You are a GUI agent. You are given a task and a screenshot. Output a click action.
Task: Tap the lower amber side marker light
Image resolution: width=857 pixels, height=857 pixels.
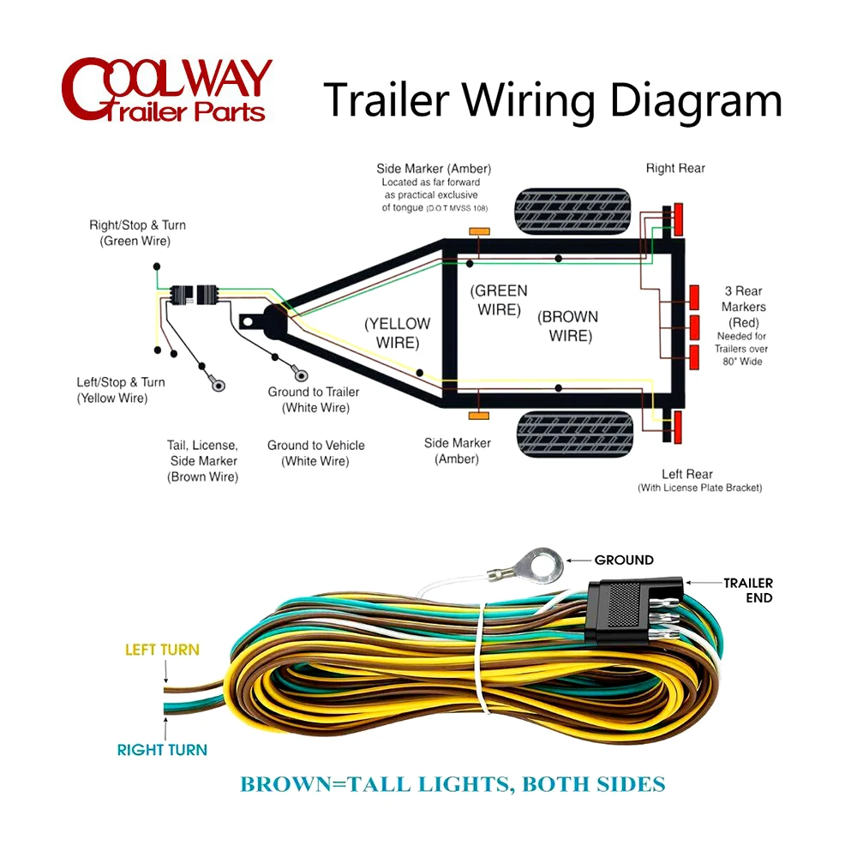[477, 416]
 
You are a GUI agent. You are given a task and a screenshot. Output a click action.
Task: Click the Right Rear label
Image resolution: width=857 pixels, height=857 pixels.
[675, 169]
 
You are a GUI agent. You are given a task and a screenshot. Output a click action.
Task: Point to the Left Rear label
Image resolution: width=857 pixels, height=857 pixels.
[686, 474]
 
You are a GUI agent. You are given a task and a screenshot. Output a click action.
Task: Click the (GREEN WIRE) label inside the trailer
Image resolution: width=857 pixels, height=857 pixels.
[499, 300]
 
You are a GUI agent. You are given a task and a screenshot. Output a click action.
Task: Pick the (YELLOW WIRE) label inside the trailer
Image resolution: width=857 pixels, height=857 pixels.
[397, 333]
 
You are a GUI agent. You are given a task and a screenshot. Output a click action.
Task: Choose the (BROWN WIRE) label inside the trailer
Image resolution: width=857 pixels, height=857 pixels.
[570, 327]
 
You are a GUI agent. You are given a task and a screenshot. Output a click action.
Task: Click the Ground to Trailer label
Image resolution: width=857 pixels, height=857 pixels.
[314, 399]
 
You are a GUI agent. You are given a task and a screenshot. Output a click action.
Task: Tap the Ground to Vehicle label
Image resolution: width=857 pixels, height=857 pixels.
[315, 453]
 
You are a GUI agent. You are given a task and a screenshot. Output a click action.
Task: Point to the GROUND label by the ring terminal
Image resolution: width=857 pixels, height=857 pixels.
[624, 560]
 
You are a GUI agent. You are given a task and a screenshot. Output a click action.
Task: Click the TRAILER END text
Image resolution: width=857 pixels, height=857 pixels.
[747, 590]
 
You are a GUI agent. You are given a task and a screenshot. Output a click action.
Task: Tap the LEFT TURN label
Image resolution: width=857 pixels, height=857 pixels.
[162, 650]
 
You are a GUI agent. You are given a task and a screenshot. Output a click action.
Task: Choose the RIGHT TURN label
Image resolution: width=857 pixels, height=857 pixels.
[162, 750]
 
